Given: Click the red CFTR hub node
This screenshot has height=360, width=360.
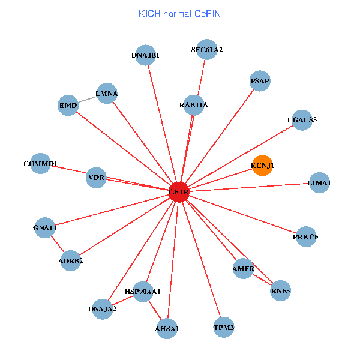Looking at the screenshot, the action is point(179,192).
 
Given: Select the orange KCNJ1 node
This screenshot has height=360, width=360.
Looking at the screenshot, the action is point(262,166).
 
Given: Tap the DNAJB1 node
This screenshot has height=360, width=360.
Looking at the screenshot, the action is point(146,55).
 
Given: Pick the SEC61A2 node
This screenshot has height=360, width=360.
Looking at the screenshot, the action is point(207,50).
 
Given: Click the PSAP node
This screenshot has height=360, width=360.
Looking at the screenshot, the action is point(260,81).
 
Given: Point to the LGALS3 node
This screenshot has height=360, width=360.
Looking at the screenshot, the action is point(302,120).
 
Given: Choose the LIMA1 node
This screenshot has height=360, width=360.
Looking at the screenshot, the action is point(319,182).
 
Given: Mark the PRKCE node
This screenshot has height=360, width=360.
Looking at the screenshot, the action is point(306,237).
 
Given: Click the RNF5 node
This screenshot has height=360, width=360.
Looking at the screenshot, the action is point(281,291).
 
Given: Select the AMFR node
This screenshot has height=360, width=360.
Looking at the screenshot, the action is point(244,269).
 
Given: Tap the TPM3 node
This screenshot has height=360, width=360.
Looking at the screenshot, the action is point(224,328).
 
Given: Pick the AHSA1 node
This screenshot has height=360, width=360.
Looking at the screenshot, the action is point(167,328).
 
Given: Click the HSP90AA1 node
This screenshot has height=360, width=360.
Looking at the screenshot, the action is point(143,292).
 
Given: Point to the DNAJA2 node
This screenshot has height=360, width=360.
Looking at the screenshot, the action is point(103,309).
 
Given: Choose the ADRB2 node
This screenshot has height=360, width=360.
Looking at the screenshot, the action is point(71,260).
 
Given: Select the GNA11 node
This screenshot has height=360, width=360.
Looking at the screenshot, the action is point(45,228).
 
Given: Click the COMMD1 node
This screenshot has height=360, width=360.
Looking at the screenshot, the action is point(40,164).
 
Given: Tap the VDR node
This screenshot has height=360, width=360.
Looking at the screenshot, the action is point(97,178).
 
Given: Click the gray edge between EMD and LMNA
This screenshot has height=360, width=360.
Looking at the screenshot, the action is point(87,100).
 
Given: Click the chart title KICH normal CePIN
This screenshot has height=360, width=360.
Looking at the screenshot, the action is point(179,13).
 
